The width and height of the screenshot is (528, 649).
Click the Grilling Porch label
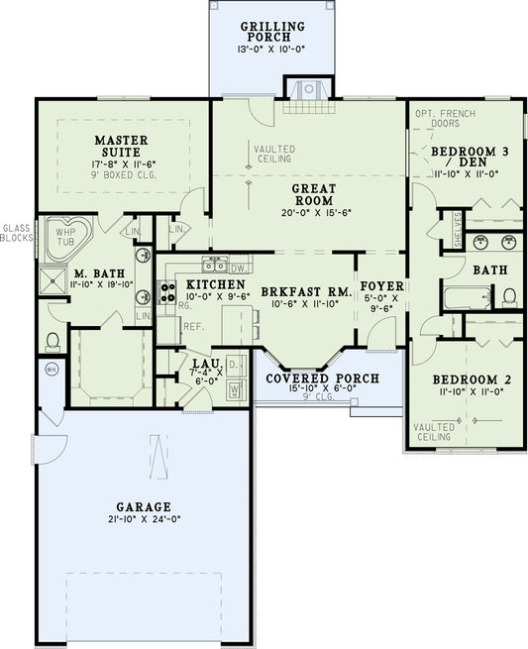pos(272,26)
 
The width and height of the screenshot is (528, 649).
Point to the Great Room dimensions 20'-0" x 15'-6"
pos(313,212)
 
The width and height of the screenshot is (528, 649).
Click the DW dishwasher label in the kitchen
pos(240,268)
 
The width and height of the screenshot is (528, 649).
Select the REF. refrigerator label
pos(192,326)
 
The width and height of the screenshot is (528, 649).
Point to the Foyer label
pos(381,286)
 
